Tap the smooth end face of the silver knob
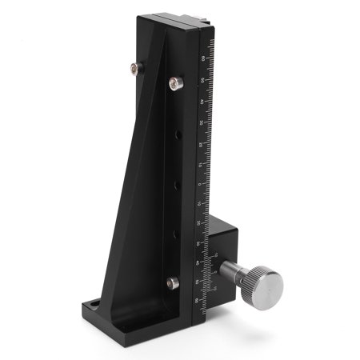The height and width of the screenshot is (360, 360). tap(267, 283)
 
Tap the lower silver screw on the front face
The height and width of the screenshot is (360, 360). tap(171, 282)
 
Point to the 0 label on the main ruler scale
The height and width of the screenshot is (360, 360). tap(202, 184)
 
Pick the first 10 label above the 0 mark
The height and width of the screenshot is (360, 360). tap(202, 165)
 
